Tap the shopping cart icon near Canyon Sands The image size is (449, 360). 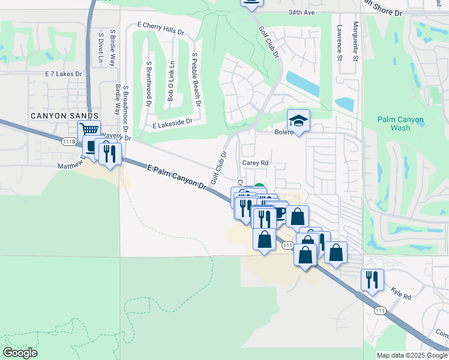coord(89,130)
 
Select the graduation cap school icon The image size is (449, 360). coord(298,120)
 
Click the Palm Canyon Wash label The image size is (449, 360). coord(402,124)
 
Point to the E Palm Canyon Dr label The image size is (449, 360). coord(177,178)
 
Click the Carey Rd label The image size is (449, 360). coord(255,162)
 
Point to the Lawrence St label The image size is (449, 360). coord(339,42)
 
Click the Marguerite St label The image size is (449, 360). coord(356,41)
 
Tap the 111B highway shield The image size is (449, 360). coord(70,142)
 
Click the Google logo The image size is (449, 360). coord(20,353)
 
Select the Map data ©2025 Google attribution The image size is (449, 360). coord(412,355)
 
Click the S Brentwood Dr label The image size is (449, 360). coord(148,83)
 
